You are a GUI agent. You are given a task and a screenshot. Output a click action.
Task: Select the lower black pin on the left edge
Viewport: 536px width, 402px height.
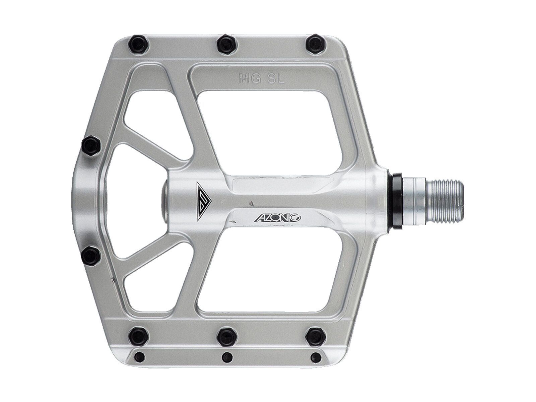pyautogui.click(x=90, y=256)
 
